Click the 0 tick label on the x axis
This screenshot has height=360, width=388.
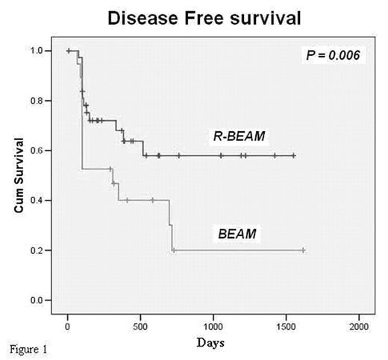68,326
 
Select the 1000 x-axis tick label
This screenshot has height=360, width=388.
213,326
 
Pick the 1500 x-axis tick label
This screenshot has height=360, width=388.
287,326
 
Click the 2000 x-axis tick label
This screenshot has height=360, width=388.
359,326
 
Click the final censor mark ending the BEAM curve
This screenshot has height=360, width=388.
303,250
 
